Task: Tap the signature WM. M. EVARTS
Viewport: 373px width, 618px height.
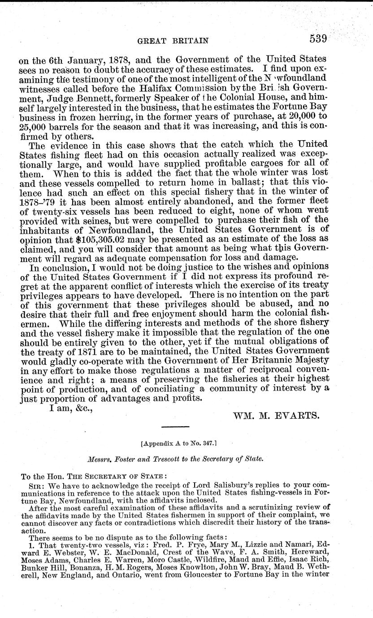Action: [x=276, y=415]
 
